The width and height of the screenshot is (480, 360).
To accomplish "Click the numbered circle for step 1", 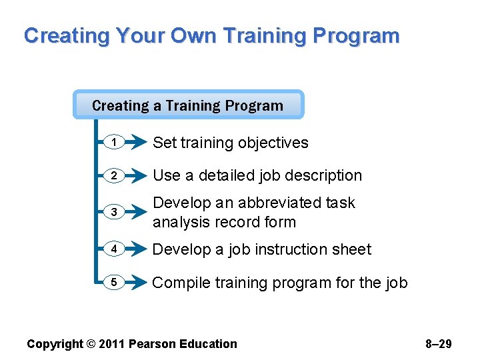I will click(114, 142).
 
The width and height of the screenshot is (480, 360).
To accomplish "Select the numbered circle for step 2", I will click(114, 175).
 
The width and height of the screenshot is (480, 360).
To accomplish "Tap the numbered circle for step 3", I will click(114, 212).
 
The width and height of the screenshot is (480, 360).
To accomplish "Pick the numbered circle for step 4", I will click(114, 249).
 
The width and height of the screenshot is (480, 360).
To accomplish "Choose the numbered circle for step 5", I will click(114, 282).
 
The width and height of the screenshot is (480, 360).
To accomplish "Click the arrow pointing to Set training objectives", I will click(137, 142).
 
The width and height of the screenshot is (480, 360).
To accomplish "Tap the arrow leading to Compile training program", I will click(137, 282).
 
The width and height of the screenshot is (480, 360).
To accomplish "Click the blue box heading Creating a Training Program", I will click(188, 105).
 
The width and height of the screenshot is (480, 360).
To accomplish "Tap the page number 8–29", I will click(438, 344).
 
